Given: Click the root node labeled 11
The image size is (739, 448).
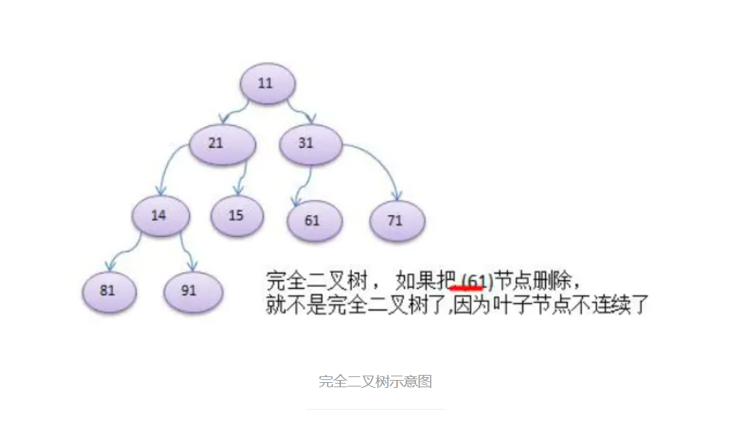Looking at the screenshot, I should coord(267,83).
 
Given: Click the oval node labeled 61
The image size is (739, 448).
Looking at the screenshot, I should coord(314,220).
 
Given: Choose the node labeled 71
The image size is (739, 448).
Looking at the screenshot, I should coord(397,220).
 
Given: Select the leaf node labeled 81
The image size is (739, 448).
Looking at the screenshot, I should coord(109,291).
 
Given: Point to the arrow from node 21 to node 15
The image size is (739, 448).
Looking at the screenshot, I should coord(244,177).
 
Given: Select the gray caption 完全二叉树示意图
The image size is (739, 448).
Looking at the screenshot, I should coord(375,381).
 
